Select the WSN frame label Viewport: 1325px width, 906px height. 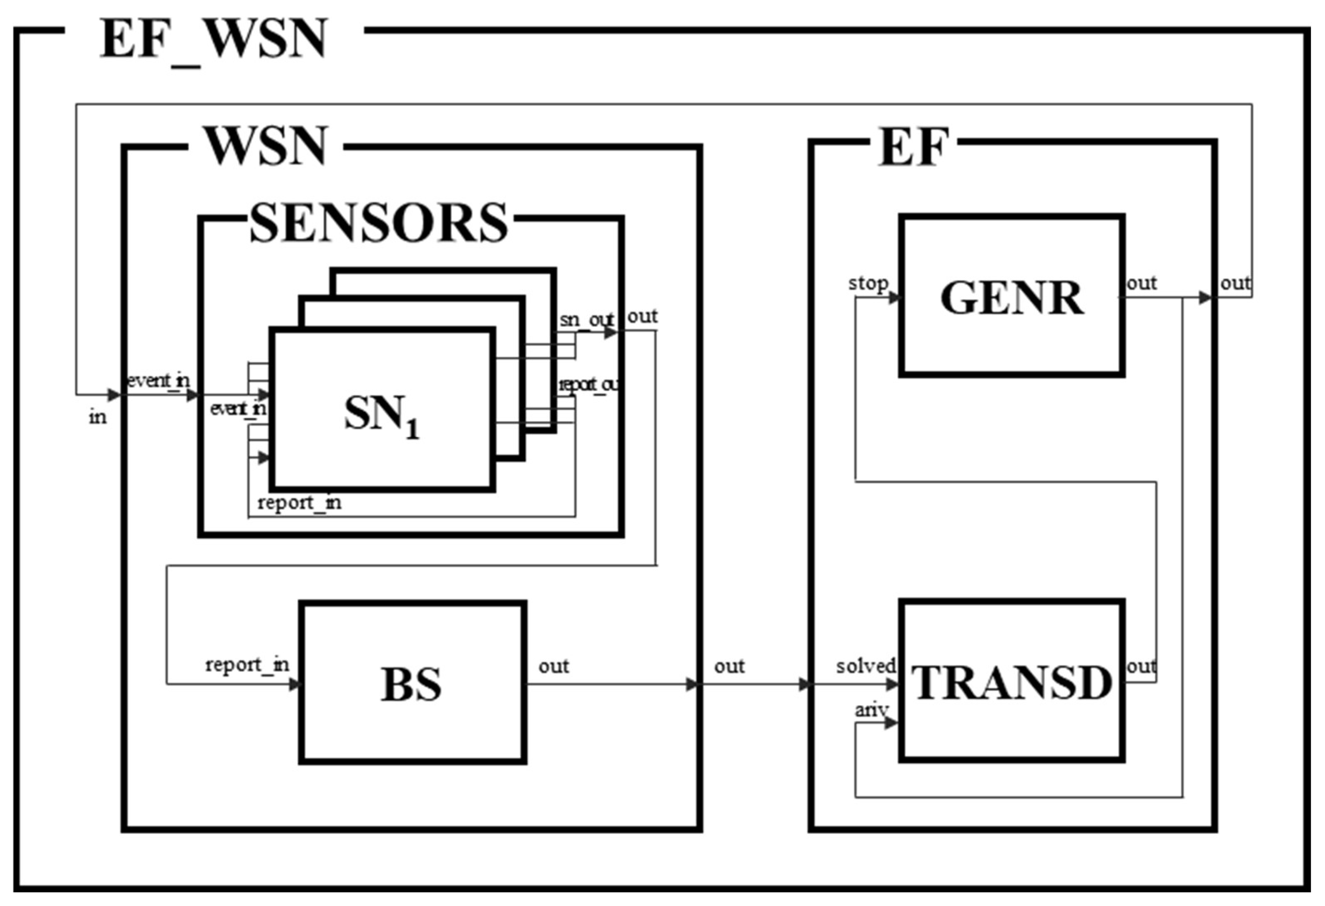(x=266, y=146)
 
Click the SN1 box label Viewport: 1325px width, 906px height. (x=381, y=415)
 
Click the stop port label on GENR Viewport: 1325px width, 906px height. (x=868, y=283)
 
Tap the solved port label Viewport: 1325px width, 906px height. (x=865, y=666)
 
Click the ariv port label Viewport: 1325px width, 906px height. (x=871, y=710)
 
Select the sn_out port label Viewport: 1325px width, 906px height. (x=586, y=320)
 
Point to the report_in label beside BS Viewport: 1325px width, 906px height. (x=247, y=665)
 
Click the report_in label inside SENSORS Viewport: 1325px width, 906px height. (x=299, y=502)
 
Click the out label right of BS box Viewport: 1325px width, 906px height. (x=553, y=666)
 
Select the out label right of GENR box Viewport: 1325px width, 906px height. (x=1141, y=283)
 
